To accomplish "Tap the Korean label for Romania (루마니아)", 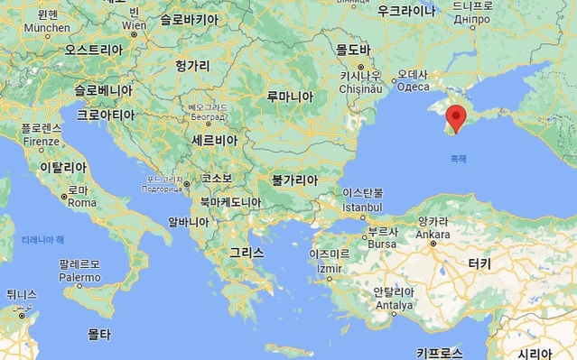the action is pos(290,97).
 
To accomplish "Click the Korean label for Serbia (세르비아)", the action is pos(215,142).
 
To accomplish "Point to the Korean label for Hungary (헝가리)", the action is pos(193,66).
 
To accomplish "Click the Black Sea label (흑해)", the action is pos(459,159).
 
